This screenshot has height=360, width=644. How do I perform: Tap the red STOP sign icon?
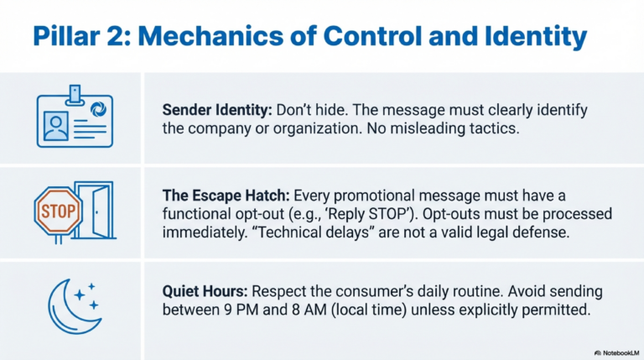57,209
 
